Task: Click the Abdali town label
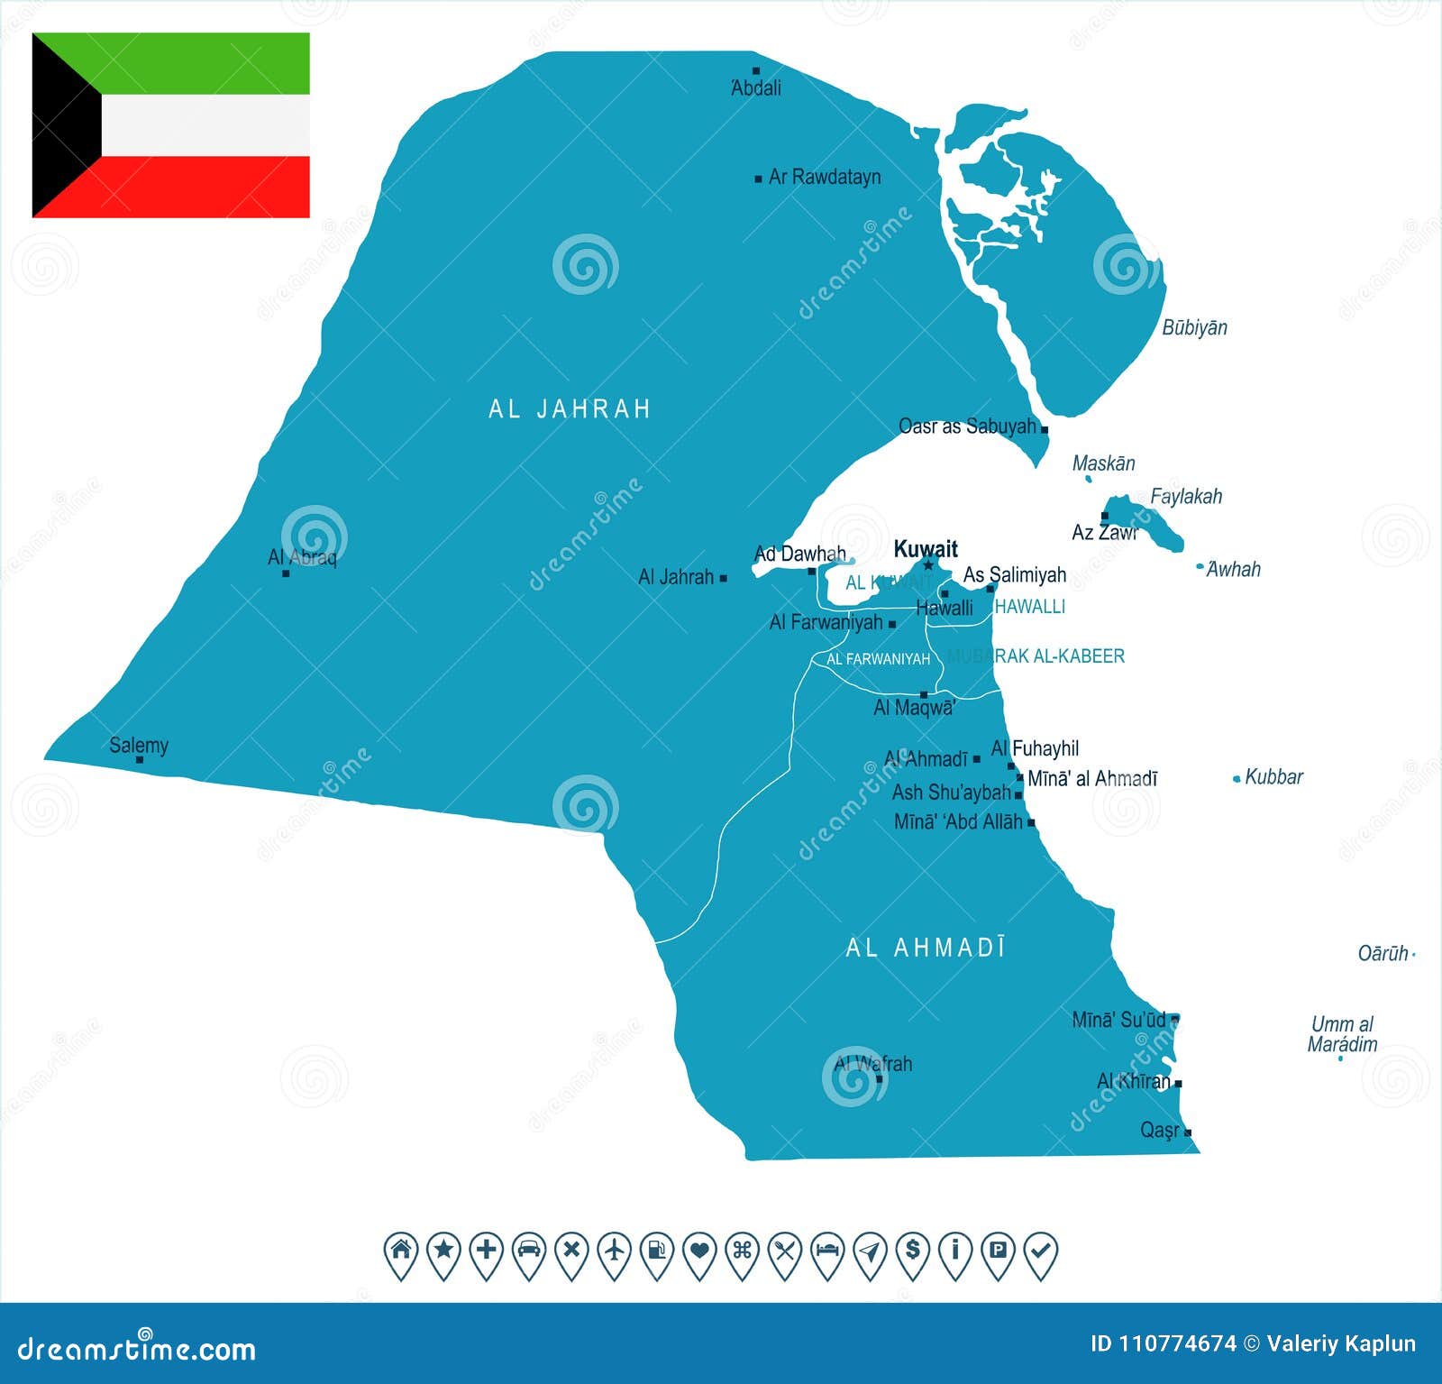click(755, 88)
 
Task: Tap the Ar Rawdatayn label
click(824, 178)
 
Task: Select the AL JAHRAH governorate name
click(570, 409)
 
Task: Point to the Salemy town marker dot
click(140, 760)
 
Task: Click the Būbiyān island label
click(1194, 327)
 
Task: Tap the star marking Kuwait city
click(928, 564)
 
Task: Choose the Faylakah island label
click(1186, 496)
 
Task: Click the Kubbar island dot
click(1237, 779)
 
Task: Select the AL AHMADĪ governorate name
click(926, 948)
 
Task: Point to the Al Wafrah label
click(873, 1064)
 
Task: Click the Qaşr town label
click(1159, 1130)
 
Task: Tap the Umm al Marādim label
click(1342, 1034)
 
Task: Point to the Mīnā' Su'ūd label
click(1118, 1020)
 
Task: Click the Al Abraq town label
click(302, 557)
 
